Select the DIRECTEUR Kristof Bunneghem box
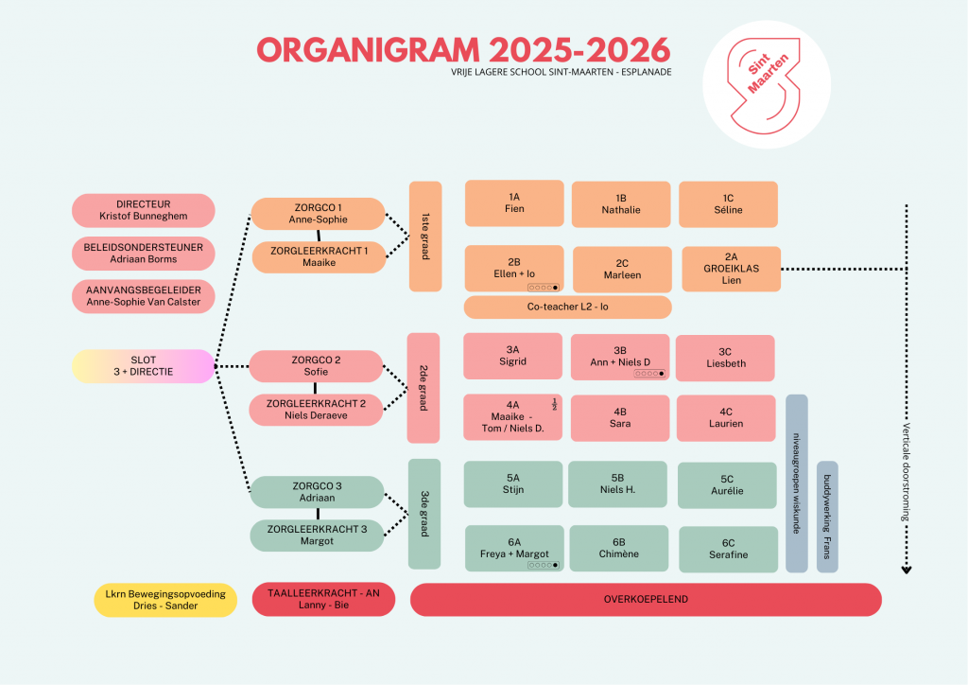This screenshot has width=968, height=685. (144, 210)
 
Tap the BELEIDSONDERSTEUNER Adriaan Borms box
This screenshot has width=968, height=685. (144, 254)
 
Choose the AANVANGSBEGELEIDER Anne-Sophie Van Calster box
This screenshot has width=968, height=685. (144, 295)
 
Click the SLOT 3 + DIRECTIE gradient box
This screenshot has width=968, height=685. (144, 365)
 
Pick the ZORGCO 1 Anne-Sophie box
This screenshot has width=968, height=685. (318, 214)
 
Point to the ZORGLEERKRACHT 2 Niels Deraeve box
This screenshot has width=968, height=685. (318, 410)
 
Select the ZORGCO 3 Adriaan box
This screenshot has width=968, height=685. (318, 492)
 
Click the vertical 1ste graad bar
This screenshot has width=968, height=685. (425, 237)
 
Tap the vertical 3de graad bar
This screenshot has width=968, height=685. (425, 514)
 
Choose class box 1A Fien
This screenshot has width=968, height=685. (514, 203)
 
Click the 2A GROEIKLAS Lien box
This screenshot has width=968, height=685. (731, 269)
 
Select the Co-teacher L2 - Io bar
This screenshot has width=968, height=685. (567, 307)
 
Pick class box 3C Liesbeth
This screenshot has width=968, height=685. (725, 358)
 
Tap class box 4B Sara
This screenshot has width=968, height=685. (620, 418)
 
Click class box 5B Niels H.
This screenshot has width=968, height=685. (617, 484)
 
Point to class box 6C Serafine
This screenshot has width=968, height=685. (728, 549)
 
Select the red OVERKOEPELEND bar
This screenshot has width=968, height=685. (646, 599)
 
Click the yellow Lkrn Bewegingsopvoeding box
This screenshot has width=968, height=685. (165, 600)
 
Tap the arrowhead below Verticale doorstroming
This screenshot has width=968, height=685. (907, 570)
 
